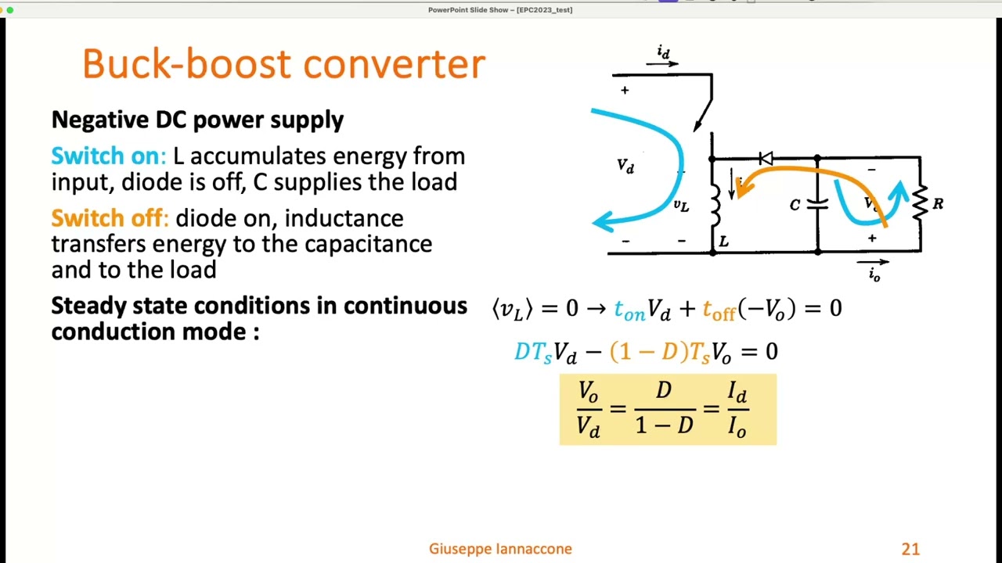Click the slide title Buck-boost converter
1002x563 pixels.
pyautogui.click(x=283, y=63)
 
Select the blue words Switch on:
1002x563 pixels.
pyautogui.click(x=108, y=156)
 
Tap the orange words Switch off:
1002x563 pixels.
pyautogui.click(x=110, y=217)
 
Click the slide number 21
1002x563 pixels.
pyautogui.click(x=910, y=549)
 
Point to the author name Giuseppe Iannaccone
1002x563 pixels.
pyautogui.click(x=500, y=549)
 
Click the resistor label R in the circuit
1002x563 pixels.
pyautogui.click(x=938, y=204)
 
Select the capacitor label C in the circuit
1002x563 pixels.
pyautogui.click(x=795, y=205)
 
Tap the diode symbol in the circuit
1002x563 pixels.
pyautogui.click(x=766, y=159)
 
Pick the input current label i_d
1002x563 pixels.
pyautogui.click(x=663, y=52)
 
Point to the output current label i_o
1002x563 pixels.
pyautogui.click(x=874, y=274)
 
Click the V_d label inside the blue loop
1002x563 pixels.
pyautogui.click(x=625, y=166)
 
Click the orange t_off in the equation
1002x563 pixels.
pyautogui.click(x=719, y=310)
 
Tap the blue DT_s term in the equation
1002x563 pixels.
pyautogui.click(x=533, y=352)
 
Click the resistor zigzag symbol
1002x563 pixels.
pyautogui.click(x=920, y=204)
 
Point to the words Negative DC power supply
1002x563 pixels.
pyautogui.click(x=197, y=120)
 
